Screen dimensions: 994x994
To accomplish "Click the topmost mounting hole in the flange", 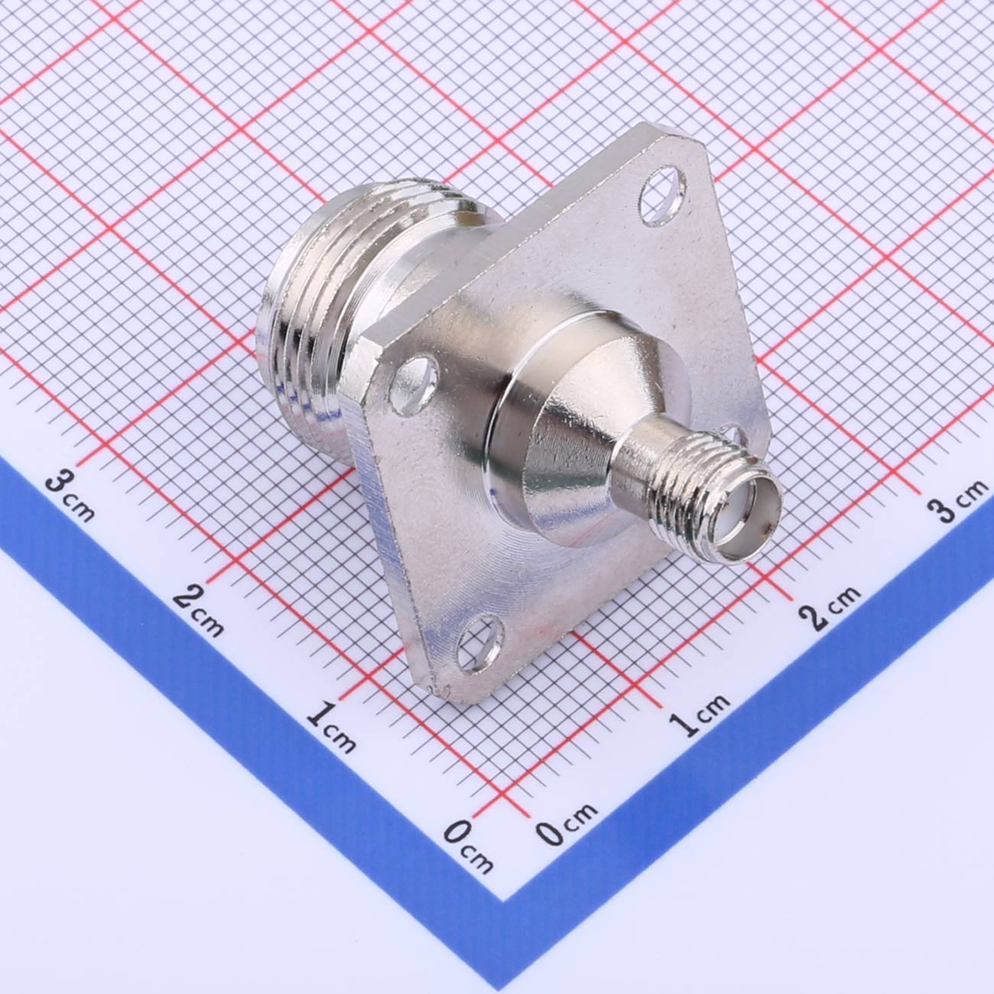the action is [x=662, y=196].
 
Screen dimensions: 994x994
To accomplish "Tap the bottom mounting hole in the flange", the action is [x=480, y=642].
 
